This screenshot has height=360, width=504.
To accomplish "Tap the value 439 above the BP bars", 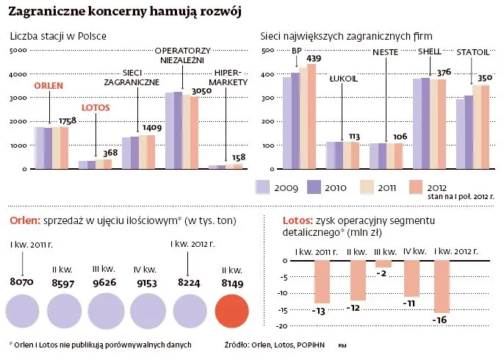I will (x=314, y=59).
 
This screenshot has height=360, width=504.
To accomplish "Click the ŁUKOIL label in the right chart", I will (x=343, y=77).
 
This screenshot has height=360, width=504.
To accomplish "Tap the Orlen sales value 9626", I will (x=109, y=281).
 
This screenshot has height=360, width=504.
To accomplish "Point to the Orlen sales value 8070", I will (x=22, y=281).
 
